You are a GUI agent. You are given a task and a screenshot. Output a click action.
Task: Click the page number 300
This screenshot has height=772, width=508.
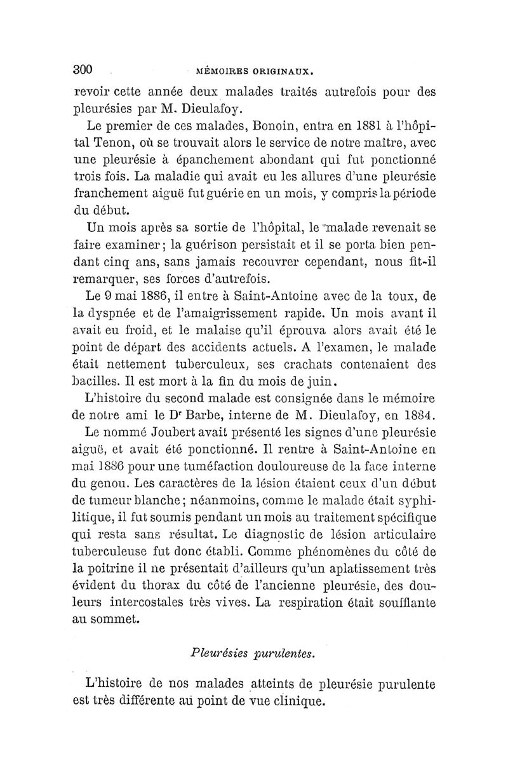84,69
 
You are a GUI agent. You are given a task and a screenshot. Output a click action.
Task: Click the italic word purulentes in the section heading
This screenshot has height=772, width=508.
283,654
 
